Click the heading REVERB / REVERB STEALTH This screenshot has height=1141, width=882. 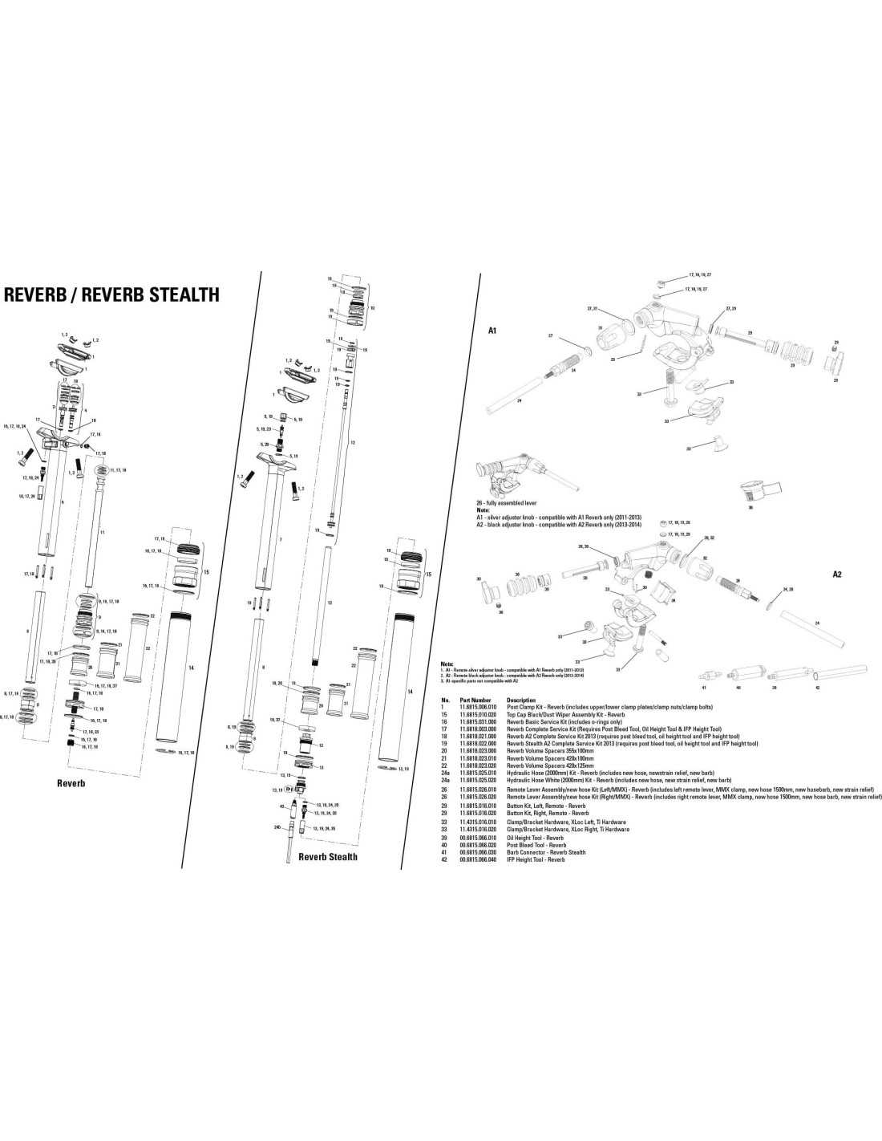(x=112, y=294)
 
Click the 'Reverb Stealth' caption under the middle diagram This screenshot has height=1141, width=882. (x=327, y=857)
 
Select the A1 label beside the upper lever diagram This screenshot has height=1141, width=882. (x=493, y=330)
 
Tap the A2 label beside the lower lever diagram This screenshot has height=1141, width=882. (x=836, y=575)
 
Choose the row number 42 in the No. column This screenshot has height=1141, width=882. (x=444, y=859)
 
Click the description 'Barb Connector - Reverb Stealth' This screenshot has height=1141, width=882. (x=546, y=852)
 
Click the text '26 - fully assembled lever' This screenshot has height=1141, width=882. (x=508, y=503)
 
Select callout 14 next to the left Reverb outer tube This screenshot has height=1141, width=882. (x=190, y=668)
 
